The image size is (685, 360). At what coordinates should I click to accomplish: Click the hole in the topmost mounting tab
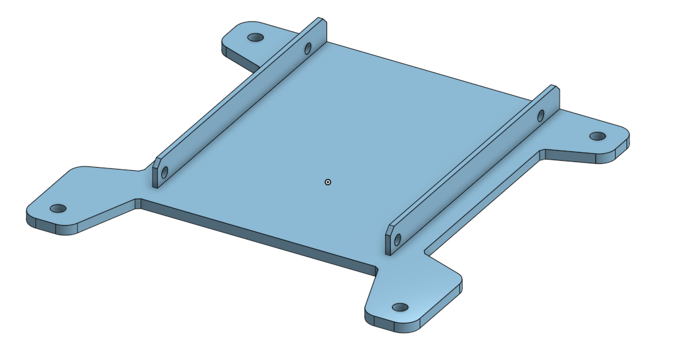point(255,38)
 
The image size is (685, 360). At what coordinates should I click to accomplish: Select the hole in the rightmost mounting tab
point(597,136)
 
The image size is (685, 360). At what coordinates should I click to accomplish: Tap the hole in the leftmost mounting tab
point(58,208)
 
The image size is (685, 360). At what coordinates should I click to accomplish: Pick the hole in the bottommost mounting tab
point(400,308)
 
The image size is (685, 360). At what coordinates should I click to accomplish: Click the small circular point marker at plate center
point(328,182)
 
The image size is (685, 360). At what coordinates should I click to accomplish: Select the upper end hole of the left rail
point(308,49)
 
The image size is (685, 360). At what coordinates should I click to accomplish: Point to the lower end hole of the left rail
point(165,171)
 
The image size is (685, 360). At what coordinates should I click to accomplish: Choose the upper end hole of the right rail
point(541,115)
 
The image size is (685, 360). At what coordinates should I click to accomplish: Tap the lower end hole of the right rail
point(398,240)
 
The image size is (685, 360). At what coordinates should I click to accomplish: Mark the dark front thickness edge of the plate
point(252,236)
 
